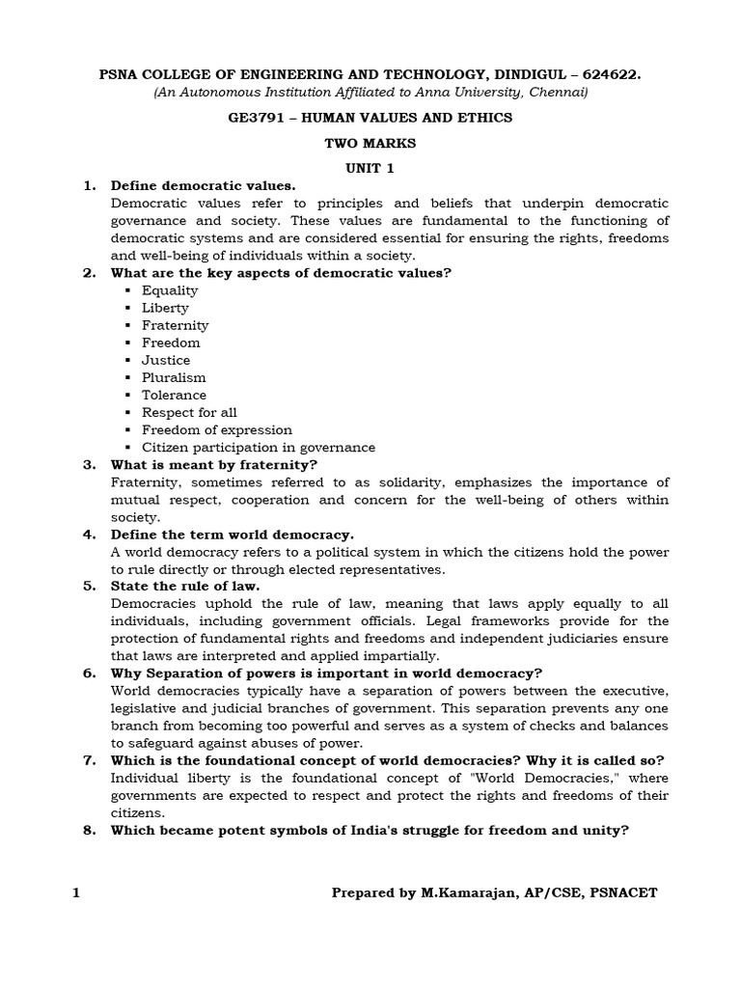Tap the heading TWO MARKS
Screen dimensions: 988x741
click(370, 143)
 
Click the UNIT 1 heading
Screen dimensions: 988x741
click(370, 167)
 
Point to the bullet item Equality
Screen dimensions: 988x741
click(170, 290)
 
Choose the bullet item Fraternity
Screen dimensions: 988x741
click(175, 325)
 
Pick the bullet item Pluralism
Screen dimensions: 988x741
click(174, 377)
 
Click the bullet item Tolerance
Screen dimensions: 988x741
click(174, 395)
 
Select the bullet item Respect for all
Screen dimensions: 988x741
click(189, 412)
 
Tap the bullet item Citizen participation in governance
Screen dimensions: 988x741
click(258, 448)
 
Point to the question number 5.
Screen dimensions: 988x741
click(88, 586)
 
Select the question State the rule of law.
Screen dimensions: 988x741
click(185, 586)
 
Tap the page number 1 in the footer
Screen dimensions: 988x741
click(76, 892)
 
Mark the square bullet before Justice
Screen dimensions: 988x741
click(126, 361)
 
